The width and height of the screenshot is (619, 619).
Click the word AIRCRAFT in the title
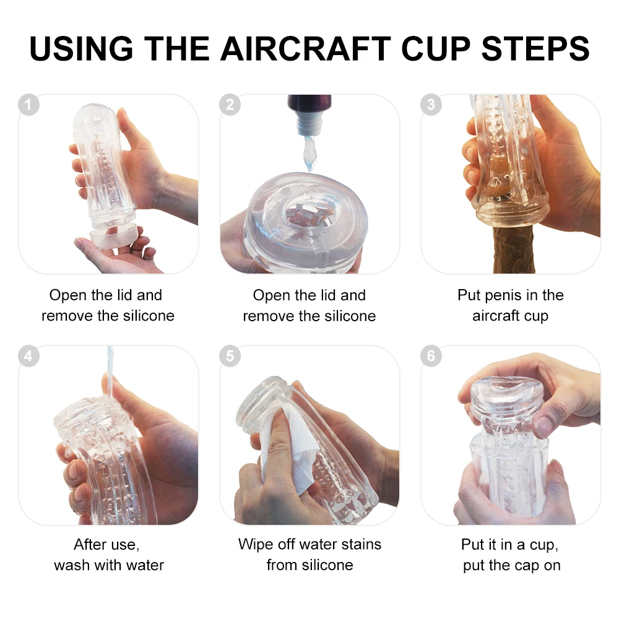(x=306, y=48)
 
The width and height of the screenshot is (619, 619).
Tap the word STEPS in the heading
(x=535, y=48)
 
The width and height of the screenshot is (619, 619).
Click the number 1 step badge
(x=29, y=105)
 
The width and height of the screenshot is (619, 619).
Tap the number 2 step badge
(x=230, y=105)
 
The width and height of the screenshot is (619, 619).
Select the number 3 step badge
(x=431, y=105)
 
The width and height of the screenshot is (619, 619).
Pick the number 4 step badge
(x=29, y=356)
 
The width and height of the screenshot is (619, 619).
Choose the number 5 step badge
(x=230, y=356)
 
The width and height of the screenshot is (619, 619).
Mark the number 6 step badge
(x=431, y=356)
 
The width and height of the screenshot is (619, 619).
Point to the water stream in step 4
(x=110, y=371)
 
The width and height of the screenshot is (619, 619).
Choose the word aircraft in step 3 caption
(x=495, y=316)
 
